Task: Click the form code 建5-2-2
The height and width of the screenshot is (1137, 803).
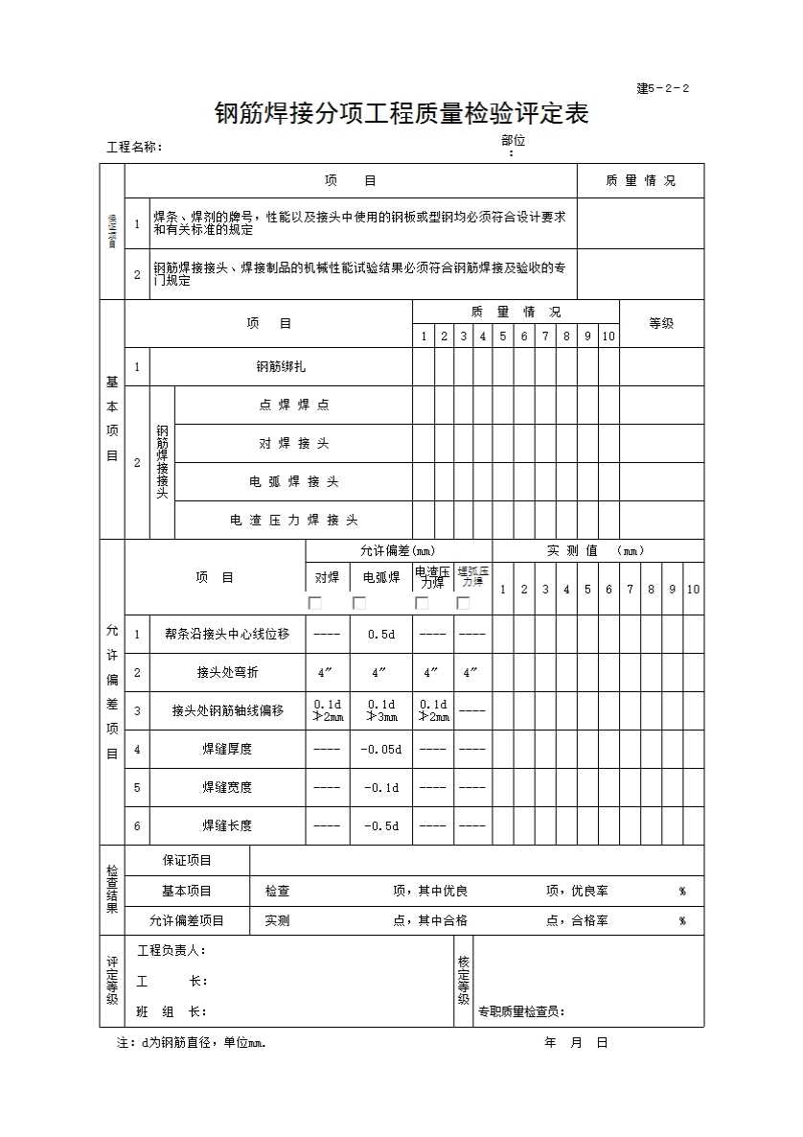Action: [x=662, y=89]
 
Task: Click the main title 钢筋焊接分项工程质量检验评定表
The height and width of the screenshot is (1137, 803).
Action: [x=401, y=115]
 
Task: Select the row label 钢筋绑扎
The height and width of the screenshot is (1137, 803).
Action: [x=281, y=366]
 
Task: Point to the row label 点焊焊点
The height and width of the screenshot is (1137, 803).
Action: [x=293, y=405]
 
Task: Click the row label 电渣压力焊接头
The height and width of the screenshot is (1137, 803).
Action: [x=293, y=520]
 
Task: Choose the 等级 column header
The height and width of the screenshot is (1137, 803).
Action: [x=661, y=323]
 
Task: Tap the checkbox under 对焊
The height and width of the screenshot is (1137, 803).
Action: [x=314, y=603]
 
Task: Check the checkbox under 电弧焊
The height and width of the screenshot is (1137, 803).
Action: [x=359, y=603]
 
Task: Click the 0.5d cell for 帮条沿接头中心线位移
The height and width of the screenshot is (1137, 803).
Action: [x=381, y=634]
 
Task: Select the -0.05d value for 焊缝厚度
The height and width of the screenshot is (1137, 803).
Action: [x=381, y=749]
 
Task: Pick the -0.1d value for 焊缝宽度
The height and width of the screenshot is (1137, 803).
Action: [x=381, y=787]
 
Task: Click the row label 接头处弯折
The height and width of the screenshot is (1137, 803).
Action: [x=227, y=672]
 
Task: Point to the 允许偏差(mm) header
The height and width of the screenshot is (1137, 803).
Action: [x=398, y=550]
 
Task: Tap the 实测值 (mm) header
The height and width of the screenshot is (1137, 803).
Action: [x=596, y=550]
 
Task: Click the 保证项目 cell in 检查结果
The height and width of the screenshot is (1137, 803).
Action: [x=187, y=860]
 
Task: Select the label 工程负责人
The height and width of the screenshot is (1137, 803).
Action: [x=172, y=950]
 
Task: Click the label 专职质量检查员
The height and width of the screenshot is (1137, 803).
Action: [x=522, y=1011]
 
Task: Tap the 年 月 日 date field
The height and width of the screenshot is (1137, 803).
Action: [x=576, y=1043]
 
